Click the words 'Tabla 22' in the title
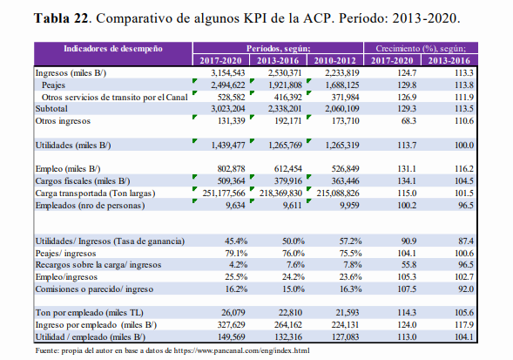pyautogui.click(x=61, y=18)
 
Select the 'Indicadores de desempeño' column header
pyautogui.click(x=113, y=49)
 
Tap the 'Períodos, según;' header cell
pyautogui.click(x=279, y=49)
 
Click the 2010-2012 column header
pyautogui.click(x=334, y=61)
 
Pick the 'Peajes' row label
pyautogui.click(x=53, y=85)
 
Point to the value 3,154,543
pyautogui.click(x=227, y=72)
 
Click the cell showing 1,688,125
pyautogui.click(x=342, y=85)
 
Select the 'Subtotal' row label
pyautogui.click(x=51, y=109)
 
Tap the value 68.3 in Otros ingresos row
pyautogui.click(x=408, y=121)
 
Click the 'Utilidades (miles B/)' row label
pyautogui.click(x=73, y=145)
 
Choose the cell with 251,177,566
pyautogui.click(x=224, y=194)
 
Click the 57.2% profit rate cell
pyautogui.click(x=350, y=241)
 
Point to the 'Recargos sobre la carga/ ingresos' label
pyautogui.click(x=98, y=265)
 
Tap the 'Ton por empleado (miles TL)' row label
pyautogui.click(x=90, y=313)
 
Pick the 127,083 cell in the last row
pyautogui.click(x=345, y=336)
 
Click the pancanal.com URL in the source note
pyautogui.click(x=241, y=350)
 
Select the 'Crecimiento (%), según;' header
pyautogui.click(x=421, y=49)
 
